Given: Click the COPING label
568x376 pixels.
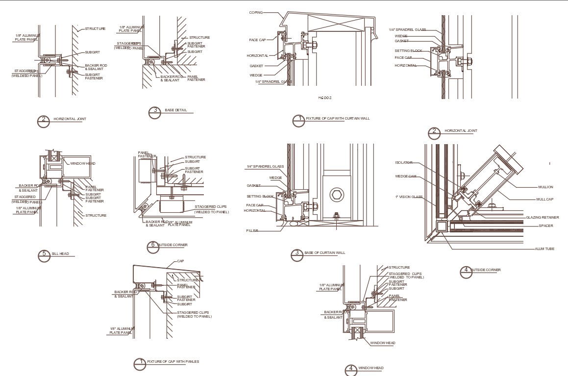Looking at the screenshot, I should click(256, 12).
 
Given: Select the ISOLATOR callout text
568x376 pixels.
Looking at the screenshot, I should click(403, 163).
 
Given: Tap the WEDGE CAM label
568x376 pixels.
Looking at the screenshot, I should click(405, 176).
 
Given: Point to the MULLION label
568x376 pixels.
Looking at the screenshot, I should click(544, 187).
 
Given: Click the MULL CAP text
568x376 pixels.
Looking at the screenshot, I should click(544, 200).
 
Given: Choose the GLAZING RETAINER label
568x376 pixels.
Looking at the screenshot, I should click(542, 217).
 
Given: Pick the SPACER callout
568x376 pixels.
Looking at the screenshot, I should click(545, 226).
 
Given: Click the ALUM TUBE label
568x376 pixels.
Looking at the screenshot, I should click(544, 249).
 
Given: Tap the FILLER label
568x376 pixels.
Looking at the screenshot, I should click(252, 230).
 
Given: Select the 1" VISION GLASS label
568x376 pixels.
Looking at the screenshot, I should click(408, 197).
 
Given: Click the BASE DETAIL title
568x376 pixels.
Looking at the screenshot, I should click(175, 110).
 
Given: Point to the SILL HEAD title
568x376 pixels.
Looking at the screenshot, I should click(61, 253).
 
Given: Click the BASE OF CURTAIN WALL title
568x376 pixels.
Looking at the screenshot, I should click(324, 253).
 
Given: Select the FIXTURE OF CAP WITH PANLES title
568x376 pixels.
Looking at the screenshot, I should click(173, 362).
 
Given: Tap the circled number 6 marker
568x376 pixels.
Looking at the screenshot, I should click(153, 247).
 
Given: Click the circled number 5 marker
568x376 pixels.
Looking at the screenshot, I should click(44, 255).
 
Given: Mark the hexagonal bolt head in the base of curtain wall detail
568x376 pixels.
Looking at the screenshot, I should click(336, 195).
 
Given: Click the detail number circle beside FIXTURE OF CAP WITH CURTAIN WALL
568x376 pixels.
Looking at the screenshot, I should click(298, 121).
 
